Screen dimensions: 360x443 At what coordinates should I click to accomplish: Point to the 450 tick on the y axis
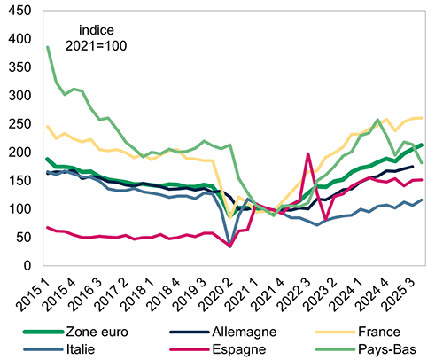[x=19, y=11]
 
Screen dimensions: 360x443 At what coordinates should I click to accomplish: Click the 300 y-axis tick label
[x=19, y=95]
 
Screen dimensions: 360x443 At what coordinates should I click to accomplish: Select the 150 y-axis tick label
[x=19, y=180]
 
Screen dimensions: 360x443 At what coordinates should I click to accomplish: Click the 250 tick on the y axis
[x=19, y=123]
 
